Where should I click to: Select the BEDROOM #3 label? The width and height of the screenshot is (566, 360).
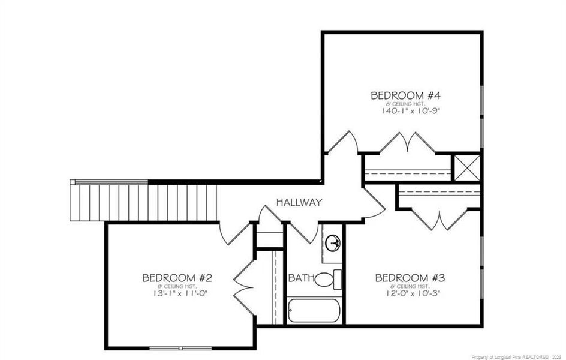pyautogui.click(x=410, y=278)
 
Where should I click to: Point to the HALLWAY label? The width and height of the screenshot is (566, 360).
pyautogui.click(x=299, y=202)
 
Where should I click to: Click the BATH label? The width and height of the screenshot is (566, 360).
pyautogui.click(x=300, y=278)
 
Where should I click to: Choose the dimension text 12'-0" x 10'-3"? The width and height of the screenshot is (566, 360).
pyautogui.click(x=410, y=293)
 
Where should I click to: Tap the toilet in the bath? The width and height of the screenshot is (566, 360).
pyautogui.click(x=327, y=280)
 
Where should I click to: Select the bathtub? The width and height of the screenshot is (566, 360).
pyautogui.click(x=314, y=311)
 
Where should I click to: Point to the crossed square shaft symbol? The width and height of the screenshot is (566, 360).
pyautogui.click(x=466, y=167)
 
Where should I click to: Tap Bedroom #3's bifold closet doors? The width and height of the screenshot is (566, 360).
pyautogui.click(x=441, y=219)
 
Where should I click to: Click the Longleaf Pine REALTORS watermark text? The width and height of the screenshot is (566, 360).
pyautogui.click(x=517, y=356)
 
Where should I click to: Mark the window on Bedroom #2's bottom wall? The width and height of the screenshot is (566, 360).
pyautogui.click(x=180, y=348)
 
